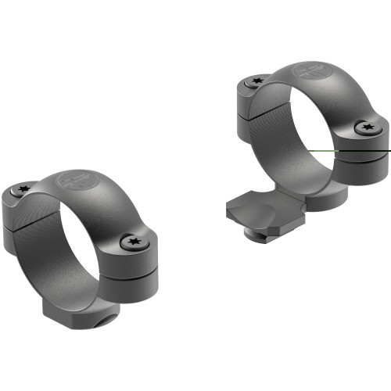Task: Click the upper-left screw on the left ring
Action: (x=23, y=189)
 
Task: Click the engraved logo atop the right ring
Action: (x=310, y=70)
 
